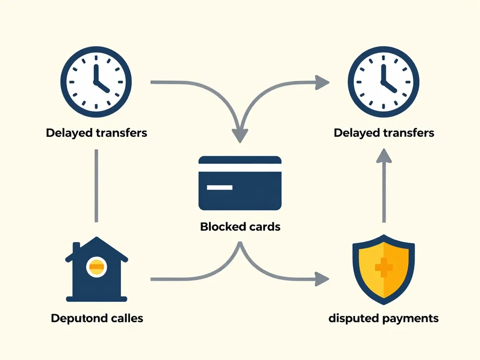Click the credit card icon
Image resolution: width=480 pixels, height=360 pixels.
pos(240,183)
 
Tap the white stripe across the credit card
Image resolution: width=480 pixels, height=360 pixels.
pos(240,168)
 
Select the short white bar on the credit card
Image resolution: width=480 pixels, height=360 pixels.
pos(219,187)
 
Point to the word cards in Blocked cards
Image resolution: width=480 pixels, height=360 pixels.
pos(263,227)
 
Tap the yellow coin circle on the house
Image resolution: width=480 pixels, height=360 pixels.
pos(97,267)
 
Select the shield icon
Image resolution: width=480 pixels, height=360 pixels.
pos(383,267)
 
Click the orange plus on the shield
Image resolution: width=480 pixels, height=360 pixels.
pos(384,267)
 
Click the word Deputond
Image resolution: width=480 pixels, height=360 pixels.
pos(77,318)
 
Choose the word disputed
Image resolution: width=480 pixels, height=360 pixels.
pos(354,319)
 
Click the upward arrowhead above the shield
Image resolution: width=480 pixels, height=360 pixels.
pos(384,156)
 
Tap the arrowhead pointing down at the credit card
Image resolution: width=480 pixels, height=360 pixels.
pos(240,135)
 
